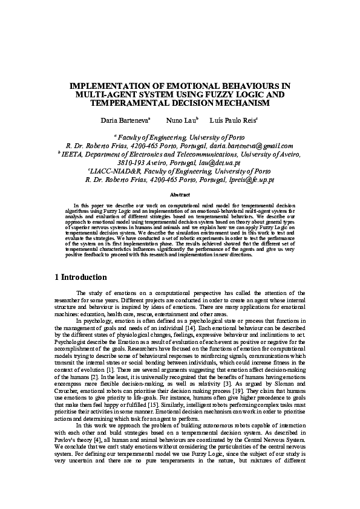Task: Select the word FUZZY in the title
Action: (x=229, y=95)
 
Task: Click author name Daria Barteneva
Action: (x=125, y=121)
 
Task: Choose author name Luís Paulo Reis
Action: (x=233, y=121)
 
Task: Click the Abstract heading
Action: (x=180, y=195)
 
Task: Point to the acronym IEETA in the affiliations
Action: (x=71, y=154)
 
